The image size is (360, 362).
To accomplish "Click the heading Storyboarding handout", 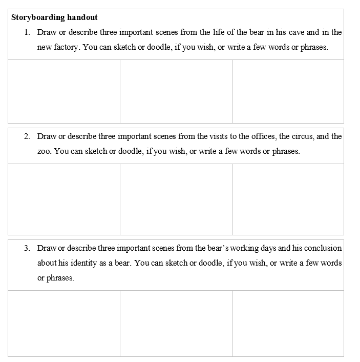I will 55,17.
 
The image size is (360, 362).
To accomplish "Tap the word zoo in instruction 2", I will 44,151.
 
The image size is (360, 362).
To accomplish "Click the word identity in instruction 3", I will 86,263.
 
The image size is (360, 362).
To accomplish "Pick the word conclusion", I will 324,248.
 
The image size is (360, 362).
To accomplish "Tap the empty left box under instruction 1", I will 64,91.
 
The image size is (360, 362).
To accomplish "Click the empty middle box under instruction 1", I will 176,91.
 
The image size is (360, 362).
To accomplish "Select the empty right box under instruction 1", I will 288,91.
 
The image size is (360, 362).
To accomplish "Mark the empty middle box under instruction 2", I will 176,199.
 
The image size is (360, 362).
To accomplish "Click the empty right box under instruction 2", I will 288,199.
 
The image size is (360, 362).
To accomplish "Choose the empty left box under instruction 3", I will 64,323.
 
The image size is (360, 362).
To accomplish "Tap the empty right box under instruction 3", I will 288,323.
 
